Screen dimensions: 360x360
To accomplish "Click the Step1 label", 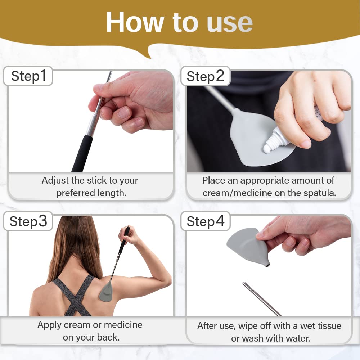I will tap(29, 76).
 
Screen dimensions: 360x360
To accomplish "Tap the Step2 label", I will tap(205, 76).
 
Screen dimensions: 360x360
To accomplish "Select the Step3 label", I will tap(28, 221).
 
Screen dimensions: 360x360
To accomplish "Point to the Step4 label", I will tap(205, 221).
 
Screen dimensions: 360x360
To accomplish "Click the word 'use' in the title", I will tap(229, 22).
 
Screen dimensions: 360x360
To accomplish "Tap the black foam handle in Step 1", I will tap(82, 153).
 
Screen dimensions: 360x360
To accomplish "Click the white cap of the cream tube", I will tap(268, 148).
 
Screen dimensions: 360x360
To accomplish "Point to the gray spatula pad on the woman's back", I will tap(106, 292).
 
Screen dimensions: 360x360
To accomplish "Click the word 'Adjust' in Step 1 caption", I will tap(54, 180).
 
